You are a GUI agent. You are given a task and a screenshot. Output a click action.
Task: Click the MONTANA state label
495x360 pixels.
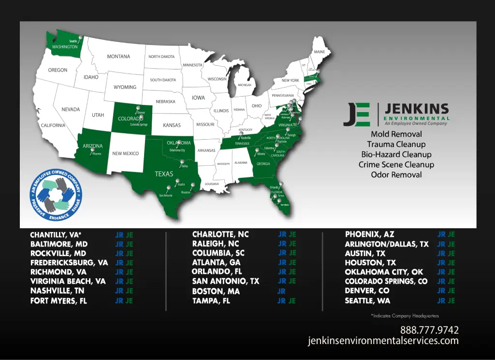[x=118, y=57]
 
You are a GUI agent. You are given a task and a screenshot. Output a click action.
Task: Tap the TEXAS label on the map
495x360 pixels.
[x=164, y=174]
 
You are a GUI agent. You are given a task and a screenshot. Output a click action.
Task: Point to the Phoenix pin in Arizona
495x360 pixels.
[x=92, y=150]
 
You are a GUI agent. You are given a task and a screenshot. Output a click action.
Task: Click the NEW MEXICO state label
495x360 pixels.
[x=125, y=154]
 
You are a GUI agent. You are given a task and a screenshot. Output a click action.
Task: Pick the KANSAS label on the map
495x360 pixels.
[x=172, y=125]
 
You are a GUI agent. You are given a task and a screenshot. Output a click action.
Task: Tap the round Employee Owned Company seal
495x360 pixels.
[x=56, y=196]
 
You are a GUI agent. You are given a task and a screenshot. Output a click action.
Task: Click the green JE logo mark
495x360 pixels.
[x=357, y=115]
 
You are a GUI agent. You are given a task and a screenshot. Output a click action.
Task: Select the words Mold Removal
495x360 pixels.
[x=396, y=134]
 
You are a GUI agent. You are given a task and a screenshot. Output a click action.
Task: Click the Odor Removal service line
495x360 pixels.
[x=396, y=174]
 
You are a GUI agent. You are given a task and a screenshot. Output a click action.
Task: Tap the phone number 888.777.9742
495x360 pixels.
[x=429, y=330]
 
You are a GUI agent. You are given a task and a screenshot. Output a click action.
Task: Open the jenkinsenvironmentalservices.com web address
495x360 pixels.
[x=383, y=341]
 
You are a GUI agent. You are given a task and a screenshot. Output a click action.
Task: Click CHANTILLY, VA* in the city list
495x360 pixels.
[x=56, y=235]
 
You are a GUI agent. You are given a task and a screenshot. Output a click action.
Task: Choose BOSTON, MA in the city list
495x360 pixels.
[x=216, y=291]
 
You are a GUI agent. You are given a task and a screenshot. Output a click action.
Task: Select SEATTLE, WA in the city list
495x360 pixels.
[x=367, y=301]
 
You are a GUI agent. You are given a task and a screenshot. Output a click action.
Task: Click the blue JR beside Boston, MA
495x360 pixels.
[x=281, y=291]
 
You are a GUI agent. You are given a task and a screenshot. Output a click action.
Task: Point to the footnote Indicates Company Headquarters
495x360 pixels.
[x=405, y=316]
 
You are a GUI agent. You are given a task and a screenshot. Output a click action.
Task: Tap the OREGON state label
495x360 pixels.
[x=58, y=70]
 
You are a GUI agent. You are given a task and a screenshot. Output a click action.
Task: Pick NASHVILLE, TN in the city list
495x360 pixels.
[x=58, y=291]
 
